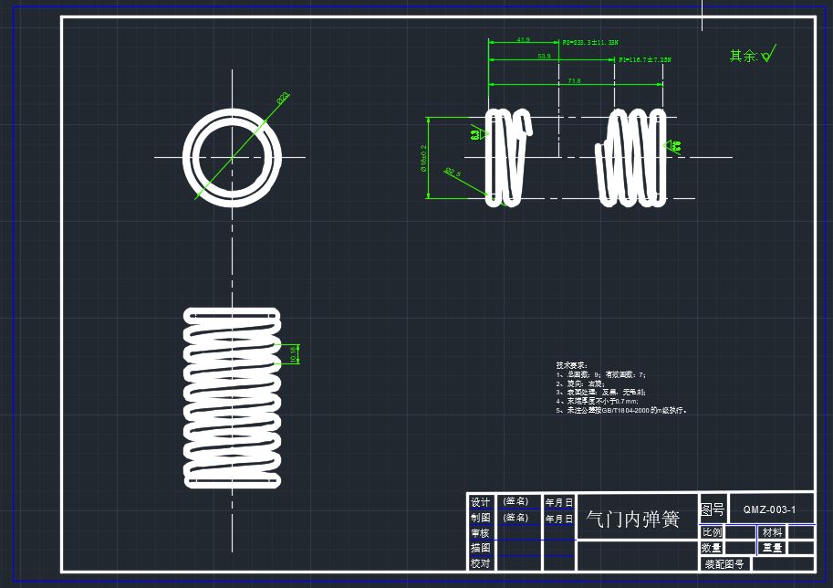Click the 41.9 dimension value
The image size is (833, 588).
[523, 40]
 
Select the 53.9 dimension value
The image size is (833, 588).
[544, 57]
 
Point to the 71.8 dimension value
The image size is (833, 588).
[574, 81]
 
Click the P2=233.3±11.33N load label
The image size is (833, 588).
[590, 43]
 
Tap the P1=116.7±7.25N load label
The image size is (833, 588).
[645, 60]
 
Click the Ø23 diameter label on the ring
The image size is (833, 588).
[283, 96]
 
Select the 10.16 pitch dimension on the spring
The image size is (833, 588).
[294, 354]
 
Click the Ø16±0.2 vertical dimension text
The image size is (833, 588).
[423, 158]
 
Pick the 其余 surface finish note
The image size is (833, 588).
[744, 57]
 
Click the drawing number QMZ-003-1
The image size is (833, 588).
[769, 509]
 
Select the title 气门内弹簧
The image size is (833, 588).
[633, 520]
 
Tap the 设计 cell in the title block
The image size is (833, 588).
[480, 502]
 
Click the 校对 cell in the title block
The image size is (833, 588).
[480, 563]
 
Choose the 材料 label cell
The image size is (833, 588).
[772, 532]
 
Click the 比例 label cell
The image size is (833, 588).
[712, 532]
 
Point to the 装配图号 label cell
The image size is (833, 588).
[724, 564]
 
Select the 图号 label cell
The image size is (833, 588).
[712, 509]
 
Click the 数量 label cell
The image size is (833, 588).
[712, 548]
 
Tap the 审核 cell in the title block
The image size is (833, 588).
[480, 533]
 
